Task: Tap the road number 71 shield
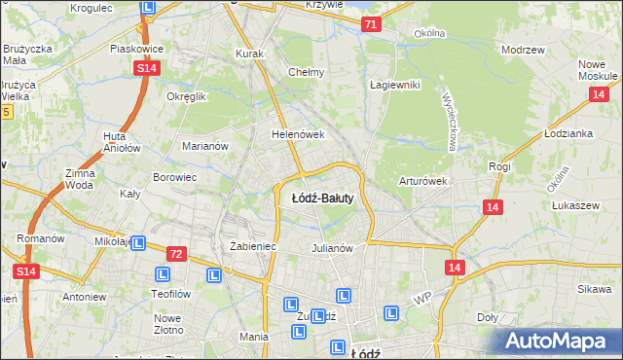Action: coord(369,24)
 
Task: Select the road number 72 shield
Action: coord(175,254)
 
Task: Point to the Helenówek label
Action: coord(297,134)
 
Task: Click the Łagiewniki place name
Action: coord(394,85)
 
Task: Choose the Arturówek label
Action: coord(422,181)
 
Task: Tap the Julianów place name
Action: coord(331,247)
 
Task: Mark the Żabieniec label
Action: coord(253,247)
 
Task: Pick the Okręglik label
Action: coord(187,97)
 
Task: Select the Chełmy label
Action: coord(307,72)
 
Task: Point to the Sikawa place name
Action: coord(593,290)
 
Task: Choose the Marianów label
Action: coord(205,146)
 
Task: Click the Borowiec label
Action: coord(175,178)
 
